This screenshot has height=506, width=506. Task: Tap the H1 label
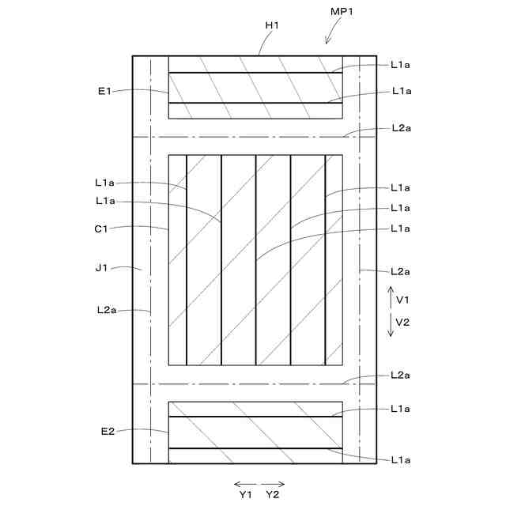coord(272,25)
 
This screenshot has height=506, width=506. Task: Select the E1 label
coord(104,92)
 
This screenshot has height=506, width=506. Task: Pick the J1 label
coord(100,268)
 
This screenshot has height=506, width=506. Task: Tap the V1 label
coord(402,300)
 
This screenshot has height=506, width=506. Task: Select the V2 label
coord(402,322)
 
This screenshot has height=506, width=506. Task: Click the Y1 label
coord(245,494)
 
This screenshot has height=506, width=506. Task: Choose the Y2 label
coord(273,494)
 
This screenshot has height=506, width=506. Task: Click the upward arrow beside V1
coord(390,300)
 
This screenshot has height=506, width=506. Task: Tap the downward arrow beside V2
coord(390,324)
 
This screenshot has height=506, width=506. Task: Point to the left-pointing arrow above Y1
coord(244,483)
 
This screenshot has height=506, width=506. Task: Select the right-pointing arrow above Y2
coord(274,483)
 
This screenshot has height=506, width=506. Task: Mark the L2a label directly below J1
coord(105,310)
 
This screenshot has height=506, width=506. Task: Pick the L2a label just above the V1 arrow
coord(400,272)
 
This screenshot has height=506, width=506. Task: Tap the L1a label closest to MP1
coord(400,65)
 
